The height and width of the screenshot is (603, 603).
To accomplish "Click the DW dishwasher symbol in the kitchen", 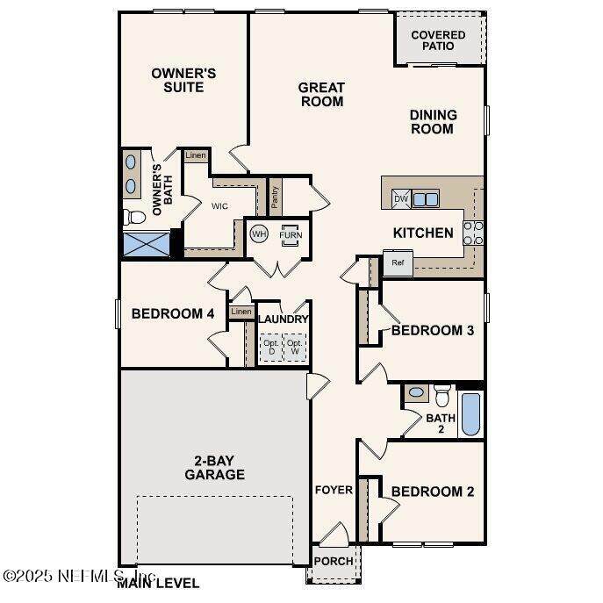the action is [401, 199].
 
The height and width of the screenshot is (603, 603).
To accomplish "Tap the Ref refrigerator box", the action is [398, 262].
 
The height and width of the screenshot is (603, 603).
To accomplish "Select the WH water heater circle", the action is [259, 233].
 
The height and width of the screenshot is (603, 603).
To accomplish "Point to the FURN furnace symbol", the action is [291, 235].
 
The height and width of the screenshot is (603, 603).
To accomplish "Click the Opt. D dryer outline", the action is [271, 348].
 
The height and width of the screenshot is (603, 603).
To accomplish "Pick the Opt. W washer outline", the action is [295, 348].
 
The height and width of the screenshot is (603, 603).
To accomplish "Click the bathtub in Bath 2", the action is [471, 413].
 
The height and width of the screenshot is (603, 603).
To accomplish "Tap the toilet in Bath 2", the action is [442, 395].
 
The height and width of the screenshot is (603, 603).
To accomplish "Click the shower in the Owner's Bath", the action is [146, 244].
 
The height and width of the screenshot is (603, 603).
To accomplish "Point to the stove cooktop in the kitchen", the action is [473, 233].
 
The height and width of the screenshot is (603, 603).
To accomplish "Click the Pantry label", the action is [275, 197].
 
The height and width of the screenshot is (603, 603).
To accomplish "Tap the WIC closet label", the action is [219, 206].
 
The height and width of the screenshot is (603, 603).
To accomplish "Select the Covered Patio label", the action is [438, 40].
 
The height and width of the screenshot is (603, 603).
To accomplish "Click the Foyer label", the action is [334, 490].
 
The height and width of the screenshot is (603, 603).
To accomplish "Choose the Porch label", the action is [334, 561].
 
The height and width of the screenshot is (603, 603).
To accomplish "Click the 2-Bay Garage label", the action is [214, 467].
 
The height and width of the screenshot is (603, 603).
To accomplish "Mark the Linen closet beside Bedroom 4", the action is [241, 312].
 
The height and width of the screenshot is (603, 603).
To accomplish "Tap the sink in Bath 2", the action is [416, 392].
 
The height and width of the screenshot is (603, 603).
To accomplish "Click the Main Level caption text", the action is [158, 583].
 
